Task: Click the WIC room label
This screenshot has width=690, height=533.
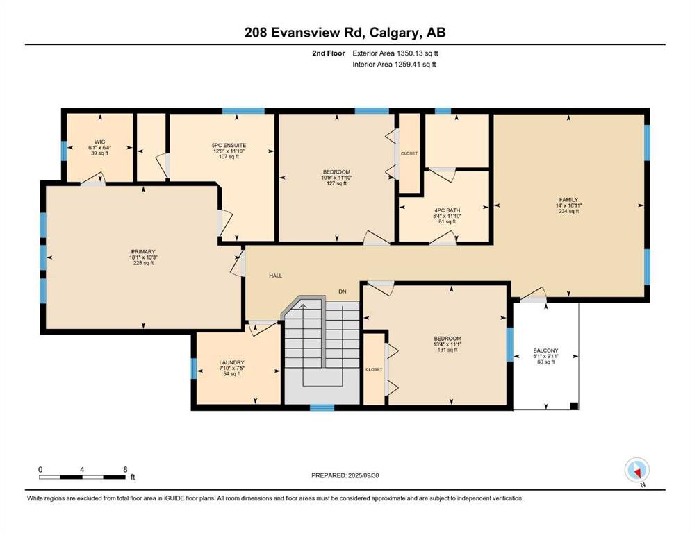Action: [x=100, y=142]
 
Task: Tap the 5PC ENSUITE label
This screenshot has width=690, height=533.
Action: [x=229, y=146]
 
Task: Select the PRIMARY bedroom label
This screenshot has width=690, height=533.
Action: [x=143, y=252]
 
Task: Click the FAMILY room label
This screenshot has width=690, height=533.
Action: [x=568, y=199]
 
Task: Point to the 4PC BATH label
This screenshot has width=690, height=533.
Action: [x=447, y=210]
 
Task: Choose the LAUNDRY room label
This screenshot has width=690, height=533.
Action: [x=232, y=362]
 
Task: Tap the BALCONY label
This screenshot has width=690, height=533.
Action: [x=545, y=350]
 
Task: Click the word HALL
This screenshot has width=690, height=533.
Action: [x=275, y=276]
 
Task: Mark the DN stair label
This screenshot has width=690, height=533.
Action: [x=343, y=291]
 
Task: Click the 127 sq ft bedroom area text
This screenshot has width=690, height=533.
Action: [x=336, y=183]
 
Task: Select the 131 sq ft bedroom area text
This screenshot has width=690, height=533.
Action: [x=447, y=350]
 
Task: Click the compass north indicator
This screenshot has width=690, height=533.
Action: [x=637, y=471]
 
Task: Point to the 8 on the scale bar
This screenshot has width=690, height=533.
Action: [x=125, y=469]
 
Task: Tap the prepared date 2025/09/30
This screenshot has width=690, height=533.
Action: [x=363, y=475]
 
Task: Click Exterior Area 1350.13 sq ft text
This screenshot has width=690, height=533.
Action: [x=395, y=53]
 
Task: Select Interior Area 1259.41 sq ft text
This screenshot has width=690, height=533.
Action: [x=394, y=64]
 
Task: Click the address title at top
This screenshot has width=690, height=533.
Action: [x=345, y=33]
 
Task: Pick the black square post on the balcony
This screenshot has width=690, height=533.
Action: [x=574, y=406]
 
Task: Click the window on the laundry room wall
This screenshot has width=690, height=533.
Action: [x=194, y=369]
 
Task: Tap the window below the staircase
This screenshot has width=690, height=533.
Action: [x=322, y=408]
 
